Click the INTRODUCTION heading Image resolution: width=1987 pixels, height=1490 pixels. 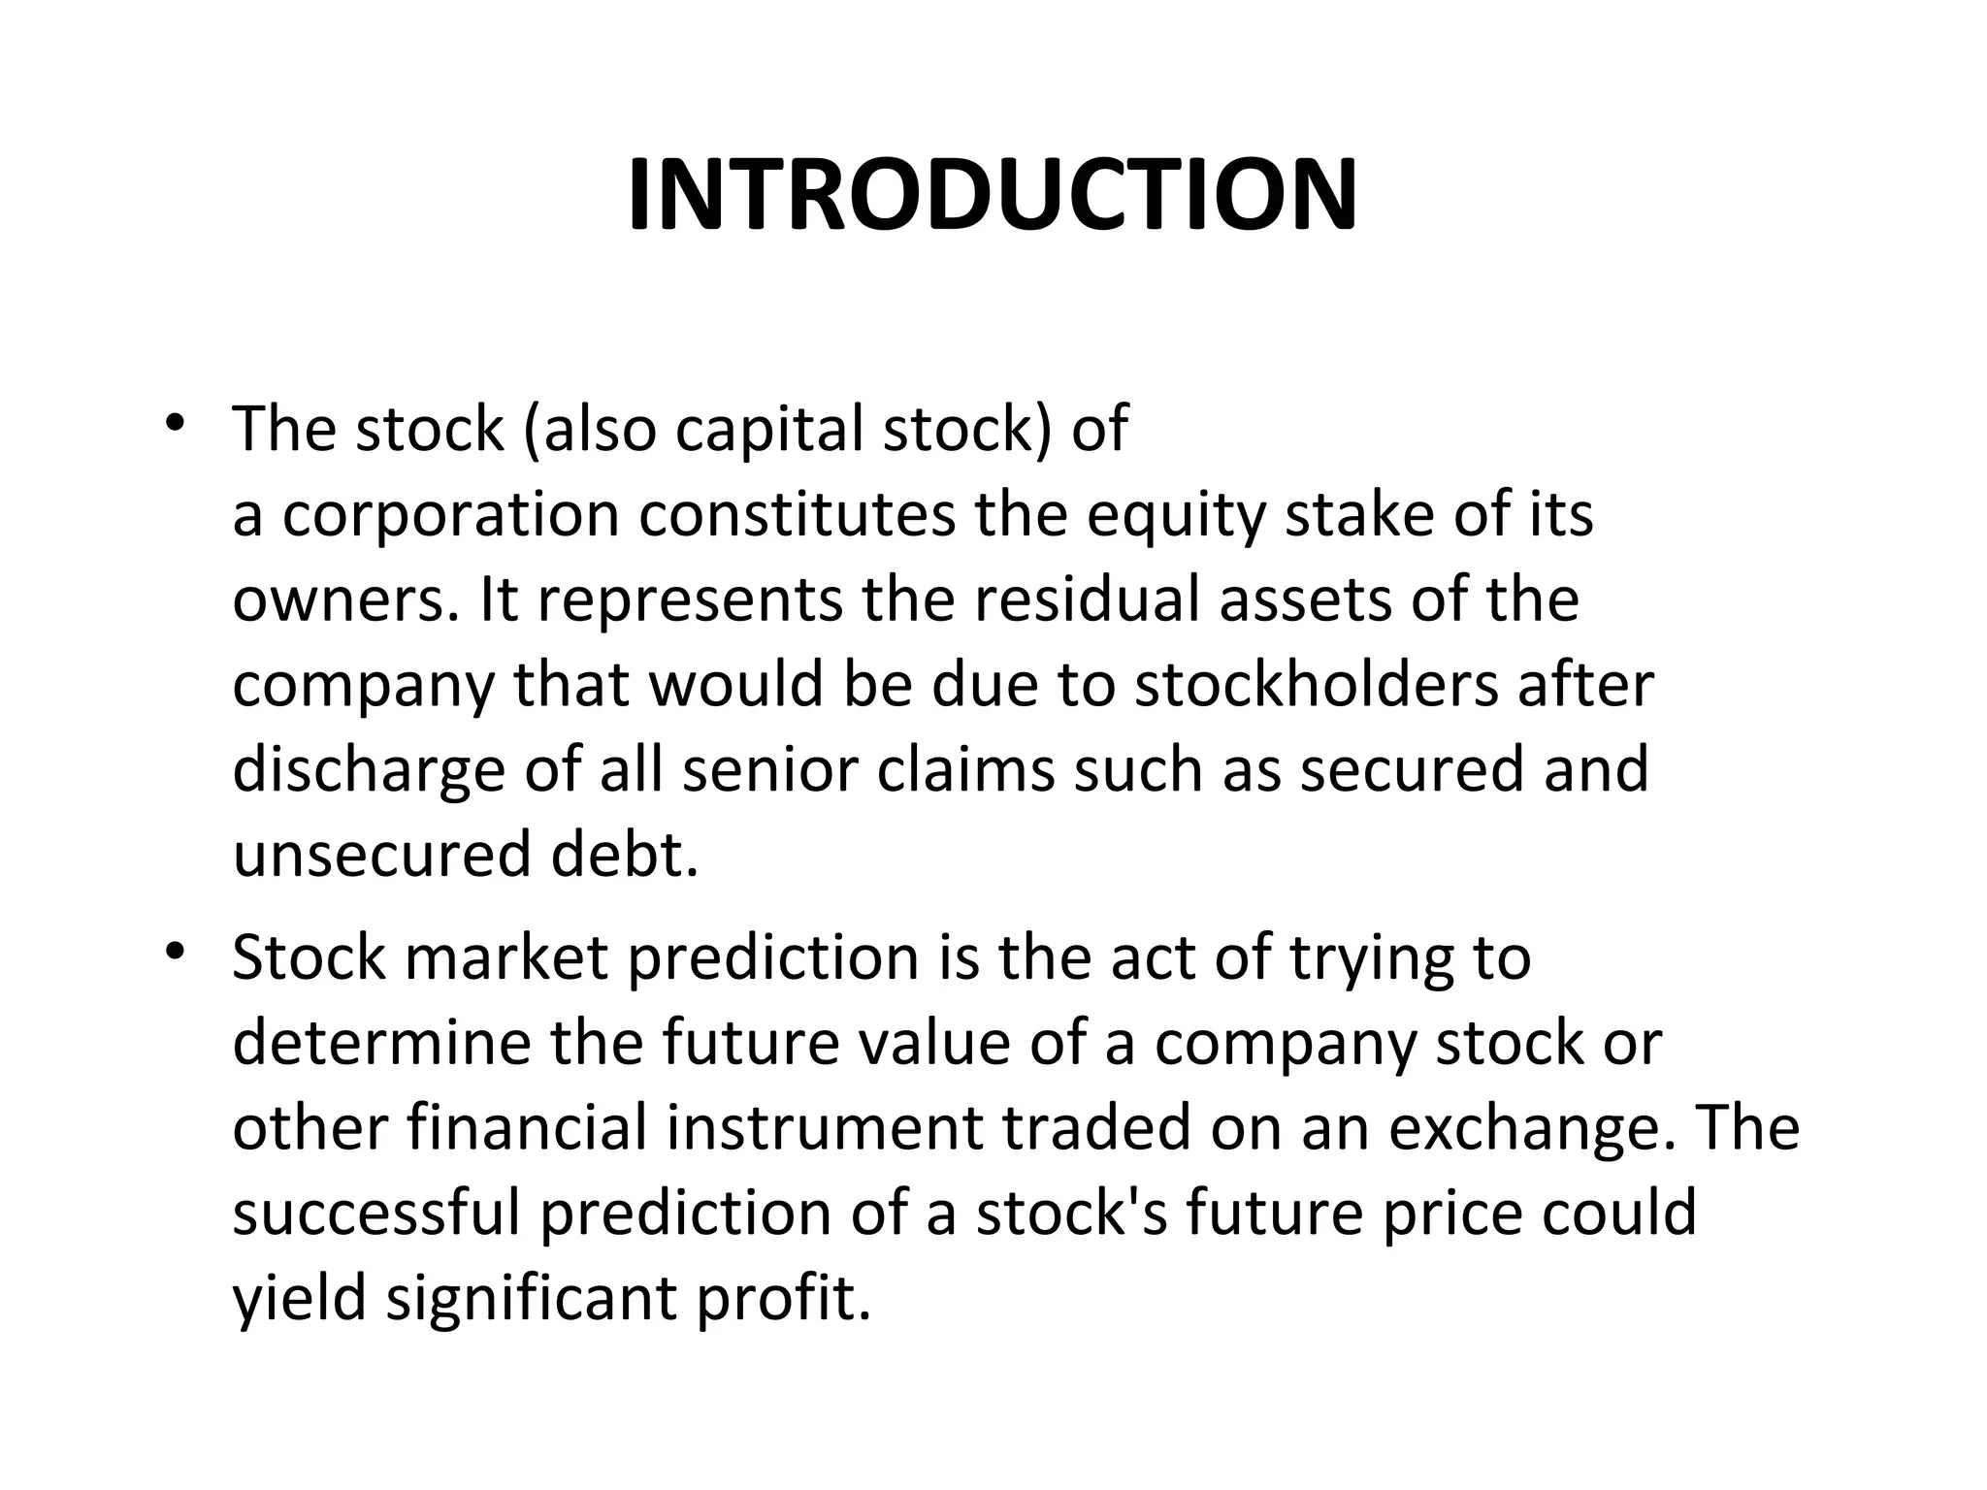(x=993, y=196)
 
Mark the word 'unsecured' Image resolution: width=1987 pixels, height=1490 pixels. (x=382, y=855)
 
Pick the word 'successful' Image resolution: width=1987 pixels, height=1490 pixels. (x=377, y=1214)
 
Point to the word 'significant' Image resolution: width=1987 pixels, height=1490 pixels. (x=532, y=1299)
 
